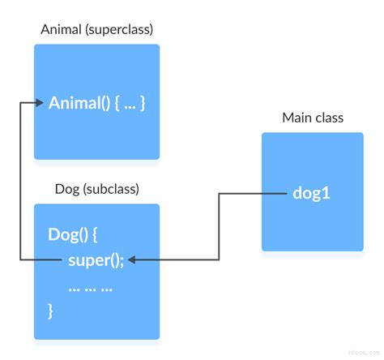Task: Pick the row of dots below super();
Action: coord(89,287)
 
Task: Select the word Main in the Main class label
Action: coord(297,118)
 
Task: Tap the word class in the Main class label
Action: coord(330,118)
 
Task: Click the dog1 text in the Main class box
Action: coord(313,194)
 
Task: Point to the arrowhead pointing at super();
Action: coord(132,259)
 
